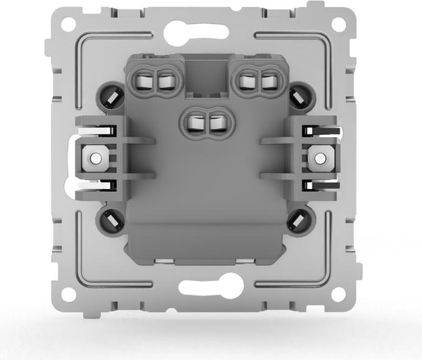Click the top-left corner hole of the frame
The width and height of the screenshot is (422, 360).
[68, 24]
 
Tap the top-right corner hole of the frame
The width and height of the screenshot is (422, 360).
[338, 24]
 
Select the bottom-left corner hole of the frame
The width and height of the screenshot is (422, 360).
[68, 293]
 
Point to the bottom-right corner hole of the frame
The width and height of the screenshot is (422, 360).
[338, 293]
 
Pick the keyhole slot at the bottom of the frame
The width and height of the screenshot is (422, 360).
[211, 286]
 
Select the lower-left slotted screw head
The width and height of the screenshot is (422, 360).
[110, 221]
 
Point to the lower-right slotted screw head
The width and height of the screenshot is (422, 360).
[298, 221]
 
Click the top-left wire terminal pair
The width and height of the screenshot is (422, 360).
[156, 82]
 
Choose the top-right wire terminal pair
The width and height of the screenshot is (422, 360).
[256, 82]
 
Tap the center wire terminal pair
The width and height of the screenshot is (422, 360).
[206, 124]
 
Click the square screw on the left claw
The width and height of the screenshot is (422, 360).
[93, 157]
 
